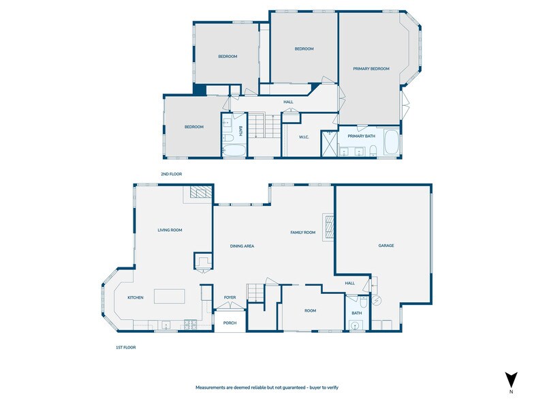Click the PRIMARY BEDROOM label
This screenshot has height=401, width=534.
click(x=371, y=69)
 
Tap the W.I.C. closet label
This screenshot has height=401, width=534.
click(x=304, y=137)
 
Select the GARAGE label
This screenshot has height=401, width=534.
click(x=386, y=246)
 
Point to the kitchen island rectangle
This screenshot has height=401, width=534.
click(x=170, y=297)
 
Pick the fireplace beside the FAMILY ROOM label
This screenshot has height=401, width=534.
click(x=328, y=227)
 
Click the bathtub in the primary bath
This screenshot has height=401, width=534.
click(x=392, y=143)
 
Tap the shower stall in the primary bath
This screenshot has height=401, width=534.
click(x=330, y=143)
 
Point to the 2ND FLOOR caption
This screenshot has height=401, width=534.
click(x=171, y=174)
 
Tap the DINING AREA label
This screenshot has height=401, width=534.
click(x=242, y=246)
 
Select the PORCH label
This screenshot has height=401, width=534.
click(x=230, y=323)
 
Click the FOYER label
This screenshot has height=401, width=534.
click(x=230, y=297)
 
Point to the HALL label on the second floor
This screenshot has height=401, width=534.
click(x=288, y=102)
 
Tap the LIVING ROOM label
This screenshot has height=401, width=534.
click(x=170, y=230)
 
